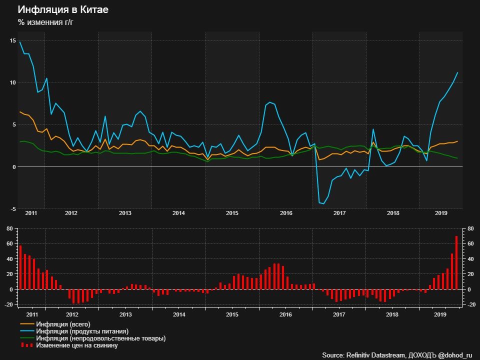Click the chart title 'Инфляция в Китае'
(62, 9)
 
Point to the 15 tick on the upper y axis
(12, 40)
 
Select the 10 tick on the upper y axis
(12, 82)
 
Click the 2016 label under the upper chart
(286, 213)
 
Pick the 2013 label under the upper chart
(125, 213)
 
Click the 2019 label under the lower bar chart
(440, 315)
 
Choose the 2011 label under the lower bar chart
(31, 315)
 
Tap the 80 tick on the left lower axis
(9, 228)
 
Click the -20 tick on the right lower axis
(469, 304)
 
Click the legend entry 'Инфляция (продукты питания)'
(85, 331)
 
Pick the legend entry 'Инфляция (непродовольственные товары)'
(104, 338)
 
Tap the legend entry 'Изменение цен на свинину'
(80, 345)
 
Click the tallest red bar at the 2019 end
(456, 262)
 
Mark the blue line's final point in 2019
(457, 73)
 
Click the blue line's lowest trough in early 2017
(323, 203)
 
